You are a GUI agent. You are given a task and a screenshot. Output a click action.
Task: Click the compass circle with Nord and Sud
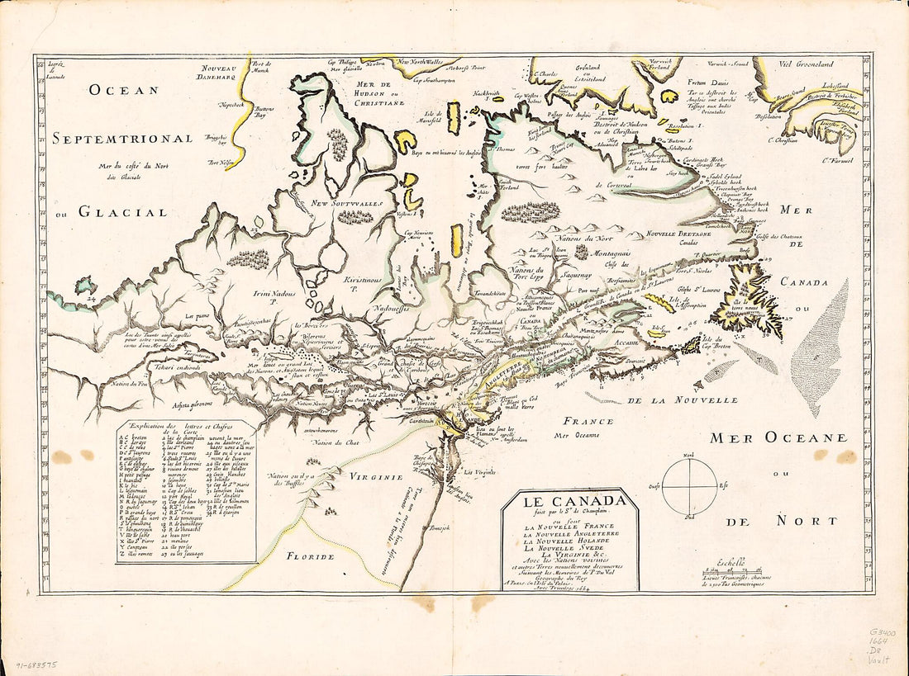point(691,487)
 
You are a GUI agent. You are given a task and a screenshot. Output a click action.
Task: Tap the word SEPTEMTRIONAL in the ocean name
point(123,139)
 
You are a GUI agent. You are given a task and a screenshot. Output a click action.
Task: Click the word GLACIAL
point(121,212)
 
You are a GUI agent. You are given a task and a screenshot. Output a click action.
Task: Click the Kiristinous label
point(364,282)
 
